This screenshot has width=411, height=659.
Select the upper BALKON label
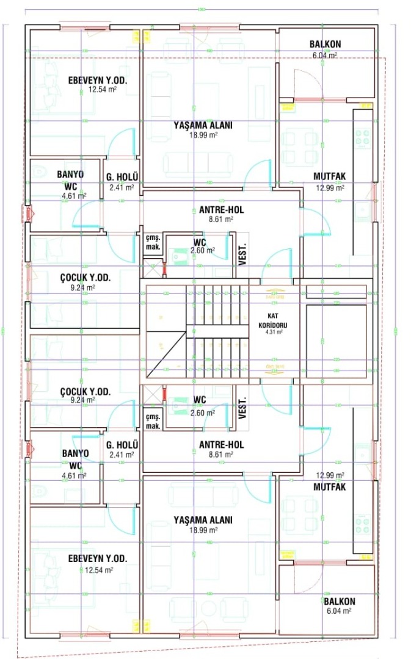(x=325, y=45)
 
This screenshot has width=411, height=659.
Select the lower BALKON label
(x=340, y=602)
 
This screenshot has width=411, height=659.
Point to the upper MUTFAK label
(x=330, y=177)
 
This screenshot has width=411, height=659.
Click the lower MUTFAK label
(x=330, y=487)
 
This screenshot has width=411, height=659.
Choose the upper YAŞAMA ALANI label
(x=203, y=125)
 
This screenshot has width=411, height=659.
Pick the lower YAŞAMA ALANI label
(x=203, y=520)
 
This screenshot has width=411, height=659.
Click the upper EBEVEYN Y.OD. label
(x=102, y=80)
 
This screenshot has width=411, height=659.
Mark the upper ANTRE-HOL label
(x=221, y=210)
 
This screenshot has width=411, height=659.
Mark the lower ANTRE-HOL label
(x=221, y=445)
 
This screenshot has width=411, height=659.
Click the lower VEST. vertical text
(x=242, y=408)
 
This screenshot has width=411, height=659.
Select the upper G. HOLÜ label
(x=122, y=178)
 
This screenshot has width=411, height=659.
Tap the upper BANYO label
(x=70, y=175)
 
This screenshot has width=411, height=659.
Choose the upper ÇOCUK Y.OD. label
(x=85, y=278)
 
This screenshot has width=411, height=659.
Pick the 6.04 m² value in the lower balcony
(x=340, y=611)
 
